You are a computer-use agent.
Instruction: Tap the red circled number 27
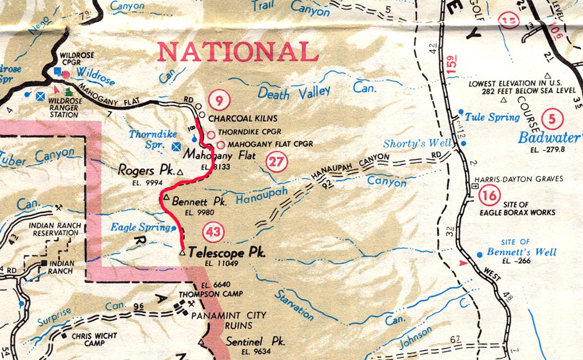click(276, 161)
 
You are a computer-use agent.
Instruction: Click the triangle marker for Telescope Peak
click(182, 254)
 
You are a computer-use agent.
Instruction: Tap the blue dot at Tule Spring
click(461, 112)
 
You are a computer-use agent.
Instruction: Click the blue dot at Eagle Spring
click(174, 228)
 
